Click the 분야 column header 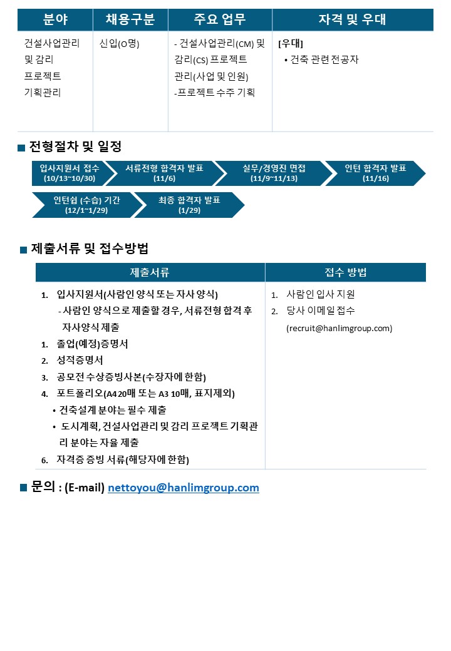coord(55,19)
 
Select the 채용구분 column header coord(130,19)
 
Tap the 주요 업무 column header coord(220,19)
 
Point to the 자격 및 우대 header coord(353,19)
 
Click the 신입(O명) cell coord(119,44)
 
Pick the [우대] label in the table coord(291,43)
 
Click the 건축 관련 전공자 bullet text coord(321,60)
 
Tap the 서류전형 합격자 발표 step coord(165,173)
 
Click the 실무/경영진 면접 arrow coord(274,173)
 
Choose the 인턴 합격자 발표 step coord(375,173)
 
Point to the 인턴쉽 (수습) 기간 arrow coord(87,205)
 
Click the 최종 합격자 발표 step coord(189,205)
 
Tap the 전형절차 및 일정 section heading coord(75,146)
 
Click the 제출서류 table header coord(150,272)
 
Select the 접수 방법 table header coord(346,272)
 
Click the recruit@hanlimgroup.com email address coord(340,329)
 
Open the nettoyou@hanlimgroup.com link coord(184,488)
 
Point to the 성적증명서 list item coord(80,361)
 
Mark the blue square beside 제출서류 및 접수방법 coord(24,250)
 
